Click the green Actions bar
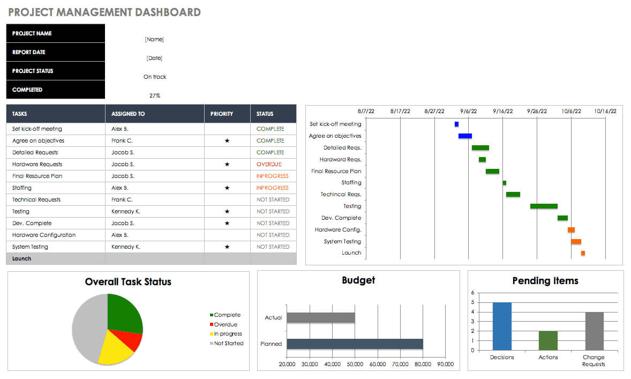click(x=547, y=340)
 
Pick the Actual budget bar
click(x=320, y=317)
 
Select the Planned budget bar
click(x=355, y=344)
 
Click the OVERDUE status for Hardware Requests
click(x=268, y=164)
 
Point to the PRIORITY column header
click(x=222, y=114)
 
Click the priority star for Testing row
click(x=227, y=211)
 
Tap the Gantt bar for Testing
click(x=544, y=206)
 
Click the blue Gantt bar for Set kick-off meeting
click(x=456, y=124)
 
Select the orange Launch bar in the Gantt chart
click(x=583, y=253)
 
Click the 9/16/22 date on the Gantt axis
click(x=502, y=112)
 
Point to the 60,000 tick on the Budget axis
click(x=378, y=365)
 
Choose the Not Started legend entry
click(x=228, y=343)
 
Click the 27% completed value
click(x=154, y=95)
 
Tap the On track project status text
click(x=154, y=77)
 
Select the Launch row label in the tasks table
click(x=21, y=258)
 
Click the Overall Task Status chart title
click(x=128, y=282)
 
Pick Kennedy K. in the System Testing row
click(x=125, y=247)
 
